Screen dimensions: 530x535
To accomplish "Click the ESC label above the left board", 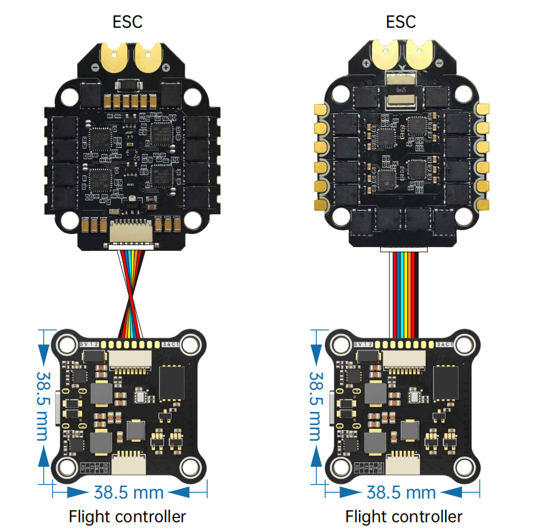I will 127,22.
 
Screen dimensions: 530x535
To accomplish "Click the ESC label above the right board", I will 401,22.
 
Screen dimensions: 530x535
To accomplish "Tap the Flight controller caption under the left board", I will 127,516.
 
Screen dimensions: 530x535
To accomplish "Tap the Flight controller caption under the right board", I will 404,516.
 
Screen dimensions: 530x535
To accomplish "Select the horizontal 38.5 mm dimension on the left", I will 129,492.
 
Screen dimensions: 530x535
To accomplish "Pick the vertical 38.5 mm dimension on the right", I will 317,406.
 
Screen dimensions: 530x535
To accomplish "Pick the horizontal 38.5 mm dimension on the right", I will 401,492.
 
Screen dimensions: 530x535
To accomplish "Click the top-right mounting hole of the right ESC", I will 463,94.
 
